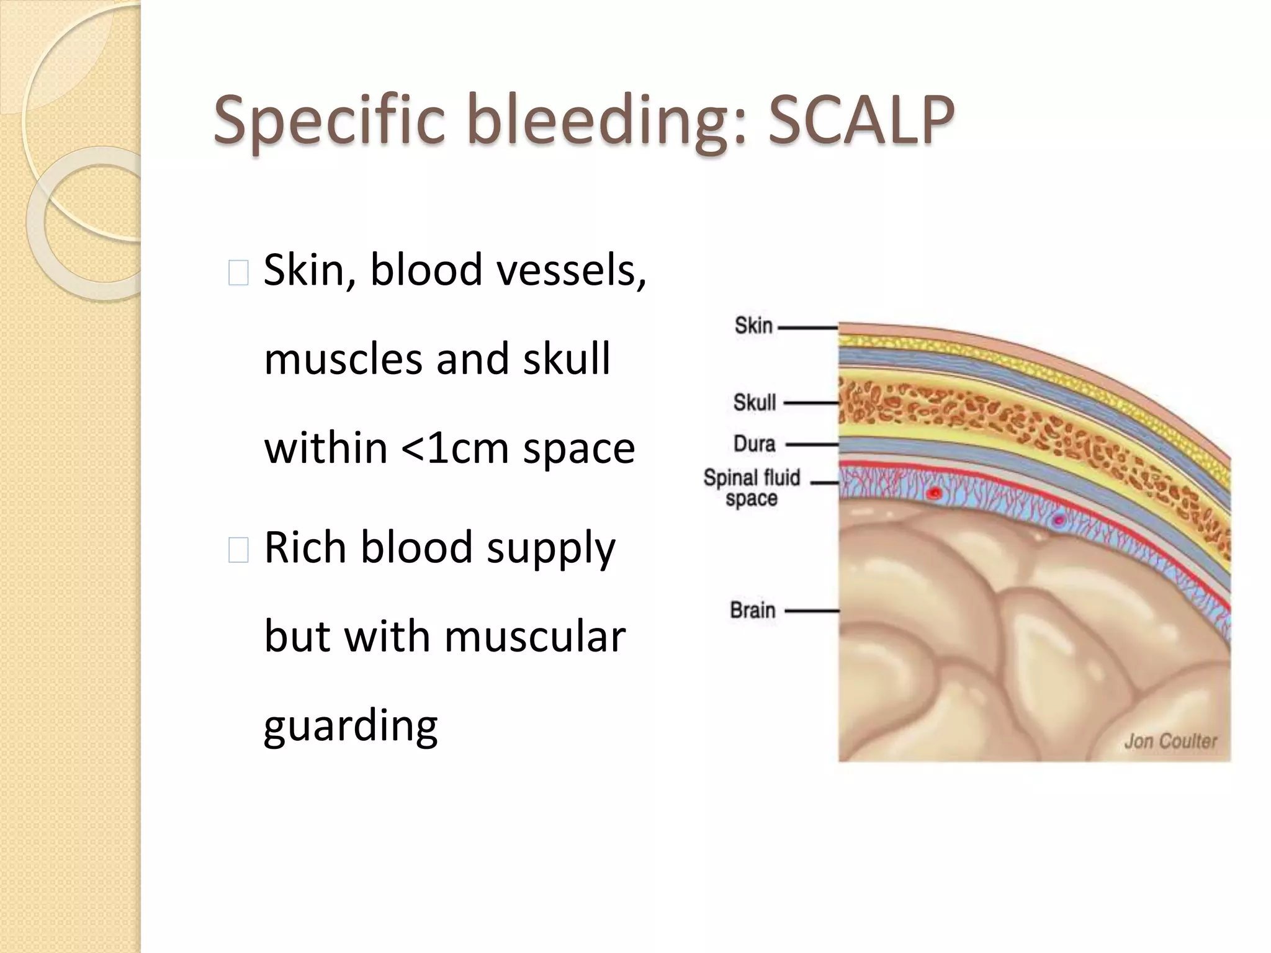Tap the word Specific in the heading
(x=329, y=121)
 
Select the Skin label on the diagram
(x=753, y=326)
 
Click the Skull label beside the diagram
(x=755, y=403)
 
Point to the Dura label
(x=755, y=444)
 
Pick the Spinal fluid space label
(x=752, y=488)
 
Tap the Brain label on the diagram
(x=753, y=611)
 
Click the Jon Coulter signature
(x=1170, y=741)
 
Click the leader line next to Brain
(x=812, y=611)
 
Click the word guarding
(x=351, y=726)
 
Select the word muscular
(x=534, y=637)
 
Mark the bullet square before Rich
(x=238, y=550)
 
